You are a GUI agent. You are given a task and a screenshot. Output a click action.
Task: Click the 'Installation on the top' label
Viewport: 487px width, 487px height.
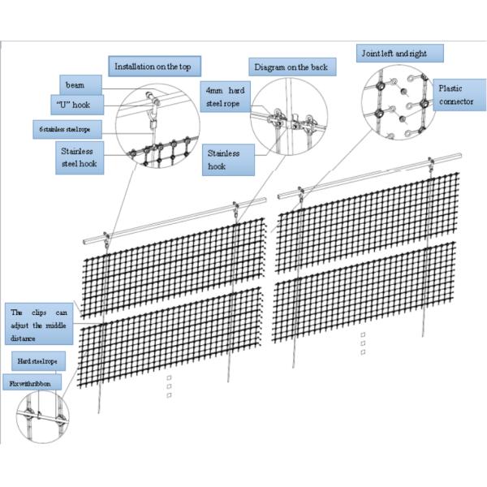[x=155, y=67]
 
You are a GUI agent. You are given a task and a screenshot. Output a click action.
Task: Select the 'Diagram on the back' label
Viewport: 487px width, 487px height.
[x=290, y=67]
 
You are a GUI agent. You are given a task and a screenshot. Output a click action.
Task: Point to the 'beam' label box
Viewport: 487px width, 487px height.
[x=82, y=84]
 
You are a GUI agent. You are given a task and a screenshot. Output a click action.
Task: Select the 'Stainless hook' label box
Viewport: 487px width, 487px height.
[x=228, y=160]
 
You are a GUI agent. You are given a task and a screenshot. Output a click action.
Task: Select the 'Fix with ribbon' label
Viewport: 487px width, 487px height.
[x=32, y=381]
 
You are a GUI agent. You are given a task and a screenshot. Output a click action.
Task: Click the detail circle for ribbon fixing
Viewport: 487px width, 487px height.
[x=42, y=416]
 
